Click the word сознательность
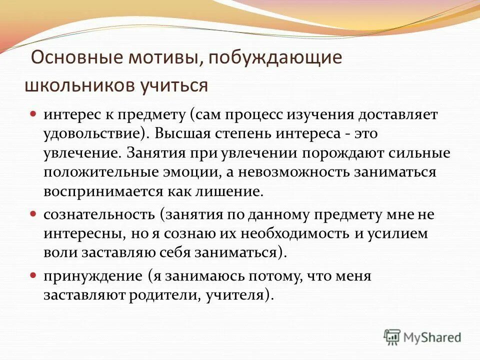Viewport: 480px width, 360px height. (x=99, y=214)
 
